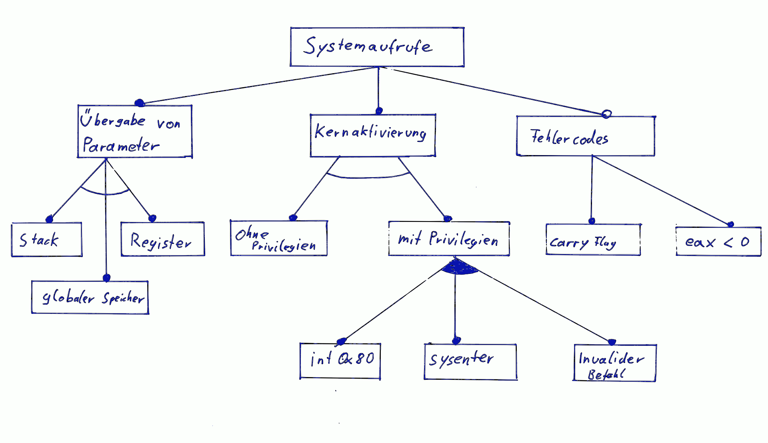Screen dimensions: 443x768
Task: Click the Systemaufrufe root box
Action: point(377,47)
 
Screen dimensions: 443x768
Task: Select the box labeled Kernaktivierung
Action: point(372,135)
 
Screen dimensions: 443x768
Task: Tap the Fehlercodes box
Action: point(585,136)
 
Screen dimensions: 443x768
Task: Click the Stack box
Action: point(46,239)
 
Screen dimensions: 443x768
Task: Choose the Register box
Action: point(162,239)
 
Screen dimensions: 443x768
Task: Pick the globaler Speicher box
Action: point(90,297)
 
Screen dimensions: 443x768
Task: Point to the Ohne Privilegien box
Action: point(278,238)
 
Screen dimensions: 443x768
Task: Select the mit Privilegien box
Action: point(449,239)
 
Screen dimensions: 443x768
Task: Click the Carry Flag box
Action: point(593,239)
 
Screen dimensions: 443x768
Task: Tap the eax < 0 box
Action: point(718,241)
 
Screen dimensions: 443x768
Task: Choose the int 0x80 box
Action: point(340,361)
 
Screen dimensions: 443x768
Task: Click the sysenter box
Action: point(470,361)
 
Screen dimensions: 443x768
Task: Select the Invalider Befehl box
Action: point(614,363)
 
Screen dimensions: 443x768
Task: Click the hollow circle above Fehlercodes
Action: point(606,114)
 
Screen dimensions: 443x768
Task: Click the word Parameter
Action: point(121,145)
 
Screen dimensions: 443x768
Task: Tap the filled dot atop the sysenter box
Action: point(456,341)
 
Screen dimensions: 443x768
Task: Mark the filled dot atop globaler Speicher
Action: point(106,278)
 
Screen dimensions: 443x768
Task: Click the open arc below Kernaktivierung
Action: point(368,176)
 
